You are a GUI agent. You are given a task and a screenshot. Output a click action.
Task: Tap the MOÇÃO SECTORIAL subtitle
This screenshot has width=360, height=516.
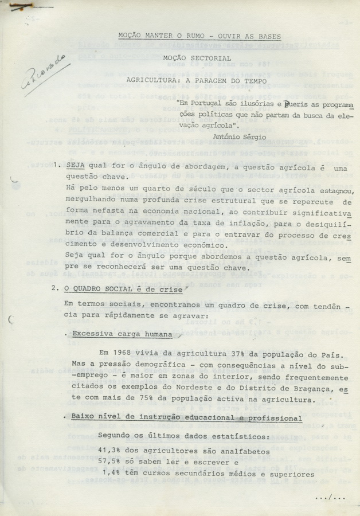click(197, 58)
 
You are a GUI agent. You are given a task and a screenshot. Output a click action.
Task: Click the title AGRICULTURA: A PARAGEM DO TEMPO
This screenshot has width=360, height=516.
click(197, 81)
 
